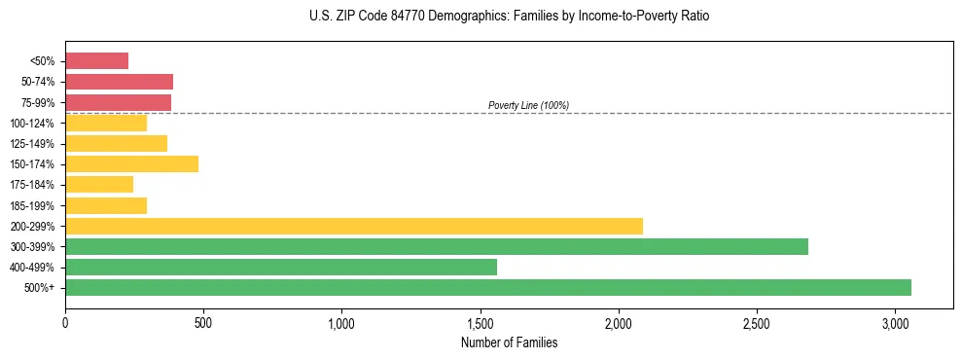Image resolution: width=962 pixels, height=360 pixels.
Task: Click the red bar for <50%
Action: (x=96, y=61)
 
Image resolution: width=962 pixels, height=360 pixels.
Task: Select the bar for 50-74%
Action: (x=119, y=82)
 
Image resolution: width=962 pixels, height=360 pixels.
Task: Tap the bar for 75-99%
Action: (x=118, y=102)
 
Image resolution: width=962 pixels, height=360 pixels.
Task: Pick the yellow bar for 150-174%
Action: (x=131, y=164)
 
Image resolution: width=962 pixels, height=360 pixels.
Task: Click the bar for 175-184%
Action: (x=99, y=185)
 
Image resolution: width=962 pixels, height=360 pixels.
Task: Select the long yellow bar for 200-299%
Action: (x=354, y=226)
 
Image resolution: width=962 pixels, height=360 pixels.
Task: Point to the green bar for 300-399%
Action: (x=437, y=247)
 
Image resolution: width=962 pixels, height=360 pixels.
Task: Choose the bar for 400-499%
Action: (x=281, y=268)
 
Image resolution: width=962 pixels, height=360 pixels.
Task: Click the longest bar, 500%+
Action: (x=488, y=288)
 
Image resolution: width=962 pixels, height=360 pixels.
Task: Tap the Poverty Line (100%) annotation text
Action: (x=528, y=105)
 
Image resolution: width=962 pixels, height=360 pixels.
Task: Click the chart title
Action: (x=510, y=17)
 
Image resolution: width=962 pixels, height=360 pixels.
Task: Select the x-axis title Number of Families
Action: (x=510, y=342)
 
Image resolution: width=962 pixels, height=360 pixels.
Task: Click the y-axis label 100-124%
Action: (x=32, y=124)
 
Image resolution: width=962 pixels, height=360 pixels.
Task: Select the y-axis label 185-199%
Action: (x=32, y=206)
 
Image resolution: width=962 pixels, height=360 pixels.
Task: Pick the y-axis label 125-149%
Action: (x=32, y=144)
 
